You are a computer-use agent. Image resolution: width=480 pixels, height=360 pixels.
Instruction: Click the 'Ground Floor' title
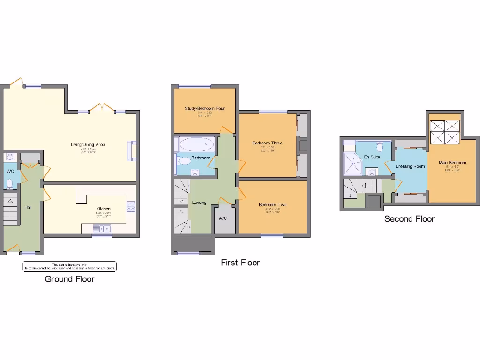point(69,279)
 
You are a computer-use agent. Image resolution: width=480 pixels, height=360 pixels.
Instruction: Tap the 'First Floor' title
point(240,262)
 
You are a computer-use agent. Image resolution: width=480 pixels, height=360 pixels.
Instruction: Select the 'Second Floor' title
point(409,219)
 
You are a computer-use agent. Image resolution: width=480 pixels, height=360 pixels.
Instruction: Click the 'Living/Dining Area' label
point(88,144)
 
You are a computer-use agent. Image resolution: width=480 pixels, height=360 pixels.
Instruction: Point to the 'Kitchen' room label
point(103,209)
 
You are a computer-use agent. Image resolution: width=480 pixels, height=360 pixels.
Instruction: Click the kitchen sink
point(101,229)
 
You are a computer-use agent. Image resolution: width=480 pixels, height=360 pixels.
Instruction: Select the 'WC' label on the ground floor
point(10,171)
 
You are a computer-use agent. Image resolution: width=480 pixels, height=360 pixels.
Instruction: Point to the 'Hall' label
point(28,207)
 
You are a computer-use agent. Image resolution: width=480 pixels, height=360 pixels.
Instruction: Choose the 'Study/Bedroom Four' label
point(204,108)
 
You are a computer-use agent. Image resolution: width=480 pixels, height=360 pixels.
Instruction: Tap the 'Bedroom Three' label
point(267,143)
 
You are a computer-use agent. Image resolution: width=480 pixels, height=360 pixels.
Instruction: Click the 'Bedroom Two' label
point(272,205)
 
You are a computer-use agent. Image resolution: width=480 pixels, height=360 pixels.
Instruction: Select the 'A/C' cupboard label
point(223,218)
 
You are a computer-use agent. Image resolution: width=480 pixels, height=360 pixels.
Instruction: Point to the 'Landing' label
point(199,202)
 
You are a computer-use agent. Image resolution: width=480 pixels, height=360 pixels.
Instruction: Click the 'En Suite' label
point(372,157)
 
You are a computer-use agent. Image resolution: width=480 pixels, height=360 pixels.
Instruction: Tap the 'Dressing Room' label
point(410,166)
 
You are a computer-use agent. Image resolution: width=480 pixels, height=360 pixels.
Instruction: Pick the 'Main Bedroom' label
point(452,163)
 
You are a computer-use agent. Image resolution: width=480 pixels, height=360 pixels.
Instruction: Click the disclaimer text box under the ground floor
point(69,266)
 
